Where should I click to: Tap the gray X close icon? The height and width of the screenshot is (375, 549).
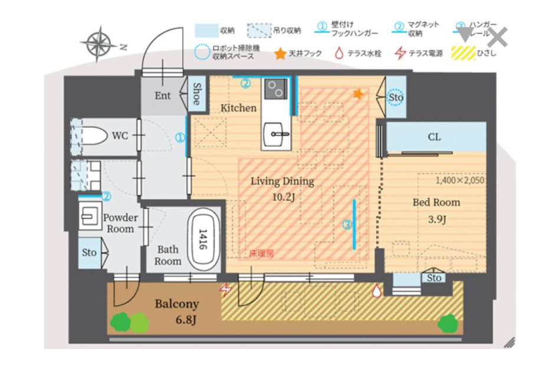pos(498,37)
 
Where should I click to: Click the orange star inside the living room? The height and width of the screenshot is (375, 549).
pos(357,93)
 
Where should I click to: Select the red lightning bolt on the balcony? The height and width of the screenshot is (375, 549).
pos(225,289)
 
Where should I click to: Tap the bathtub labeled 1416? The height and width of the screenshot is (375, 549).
pos(203,240)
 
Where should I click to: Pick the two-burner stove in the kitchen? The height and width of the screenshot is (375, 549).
pos(275,89)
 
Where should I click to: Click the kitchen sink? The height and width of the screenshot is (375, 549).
pos(275,133)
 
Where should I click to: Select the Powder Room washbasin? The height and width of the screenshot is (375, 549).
pos(90,215)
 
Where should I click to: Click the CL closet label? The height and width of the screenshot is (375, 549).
pos(433,137)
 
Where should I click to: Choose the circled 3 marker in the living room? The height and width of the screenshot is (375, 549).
pos(347,224)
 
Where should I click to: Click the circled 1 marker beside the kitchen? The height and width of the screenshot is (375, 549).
pos(179,138)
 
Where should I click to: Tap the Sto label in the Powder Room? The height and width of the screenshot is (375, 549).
pos(88,252)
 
